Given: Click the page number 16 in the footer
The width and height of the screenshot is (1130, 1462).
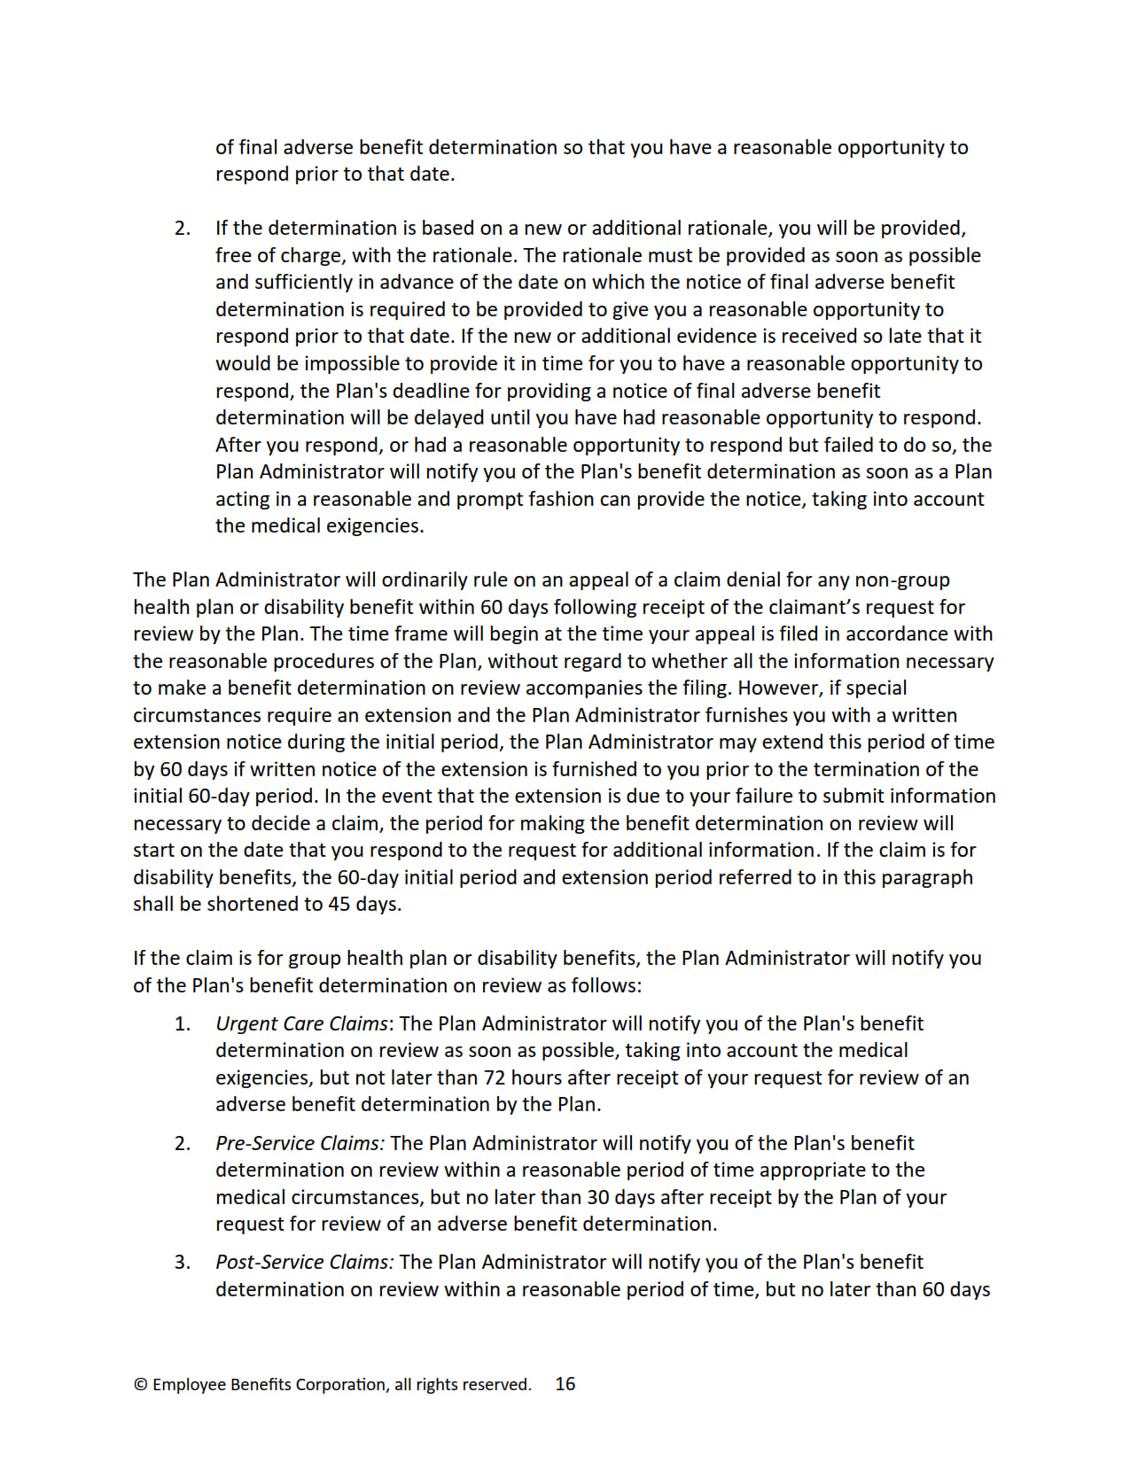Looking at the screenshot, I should (x=565, y=1383).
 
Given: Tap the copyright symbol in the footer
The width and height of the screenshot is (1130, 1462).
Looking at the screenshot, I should (x=140, y=1384).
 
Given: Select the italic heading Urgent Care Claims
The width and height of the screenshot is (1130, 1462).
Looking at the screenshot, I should (x=301, y=1023).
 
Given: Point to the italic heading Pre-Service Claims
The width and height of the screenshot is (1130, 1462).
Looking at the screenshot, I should (x=300, y=1143).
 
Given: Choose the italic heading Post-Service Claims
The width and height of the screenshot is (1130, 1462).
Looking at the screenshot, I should (x=304, y=1262).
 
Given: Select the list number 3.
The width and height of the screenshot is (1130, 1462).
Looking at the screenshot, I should (x=182, y=1262).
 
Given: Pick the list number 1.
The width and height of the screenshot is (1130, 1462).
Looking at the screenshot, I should (x=182, y=1023).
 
